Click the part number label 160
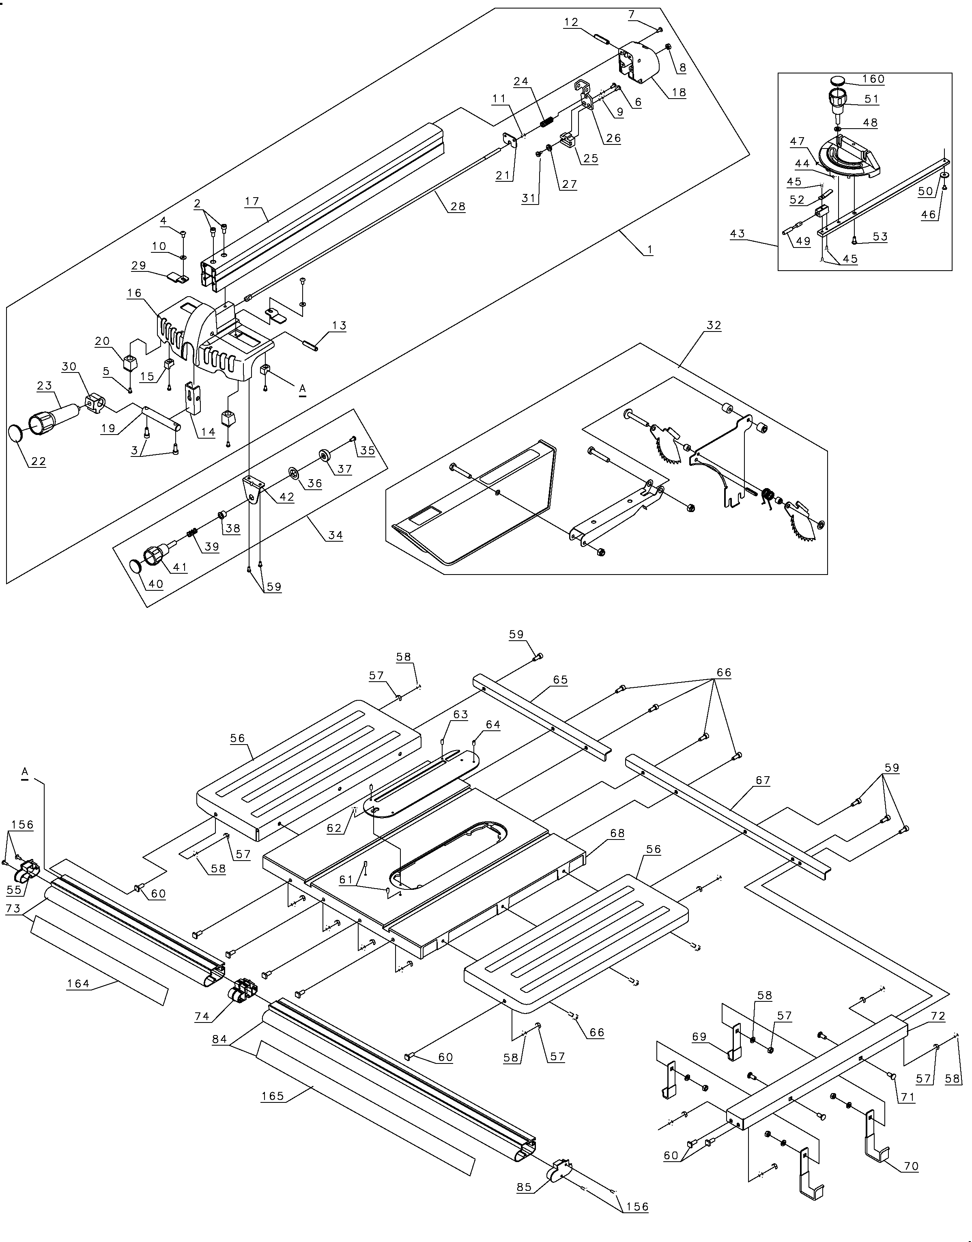[873, 79]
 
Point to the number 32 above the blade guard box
[714, 325]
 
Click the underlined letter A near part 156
[24, 771]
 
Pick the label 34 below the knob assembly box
[335, 535]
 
